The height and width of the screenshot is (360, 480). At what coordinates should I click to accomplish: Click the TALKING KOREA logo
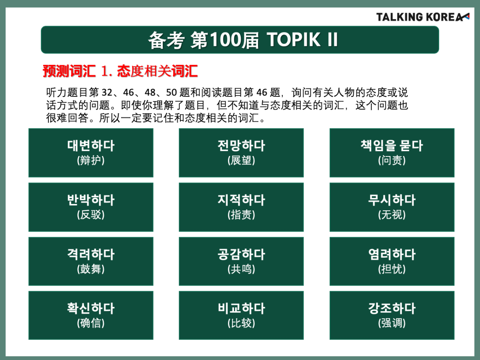click(423, 17)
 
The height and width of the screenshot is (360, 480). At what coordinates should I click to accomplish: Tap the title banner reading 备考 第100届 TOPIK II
click(240, 40)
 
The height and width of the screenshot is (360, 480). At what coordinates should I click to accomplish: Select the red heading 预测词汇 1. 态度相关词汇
click(120, 71)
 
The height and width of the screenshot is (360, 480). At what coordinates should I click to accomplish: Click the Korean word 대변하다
click(91, 146)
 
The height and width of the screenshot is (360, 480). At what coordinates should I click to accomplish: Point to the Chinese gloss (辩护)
click(91, 160)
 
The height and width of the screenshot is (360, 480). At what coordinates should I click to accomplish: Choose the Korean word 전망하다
click(241, 146)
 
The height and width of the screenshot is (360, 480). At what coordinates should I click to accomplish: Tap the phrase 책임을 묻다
click(392, 146)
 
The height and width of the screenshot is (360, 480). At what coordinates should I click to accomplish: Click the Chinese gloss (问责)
click(392, 160)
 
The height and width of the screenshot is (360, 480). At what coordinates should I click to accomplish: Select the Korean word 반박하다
click(91, 200)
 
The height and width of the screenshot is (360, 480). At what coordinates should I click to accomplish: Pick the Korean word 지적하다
click(241, 200)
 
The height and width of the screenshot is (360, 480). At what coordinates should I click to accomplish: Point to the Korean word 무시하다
click(392, 200)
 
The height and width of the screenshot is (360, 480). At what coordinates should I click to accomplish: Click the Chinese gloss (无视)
click(392, 215)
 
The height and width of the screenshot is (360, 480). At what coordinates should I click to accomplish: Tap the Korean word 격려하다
click(91, 254)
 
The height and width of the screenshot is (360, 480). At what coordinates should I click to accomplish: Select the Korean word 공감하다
click(241, 254)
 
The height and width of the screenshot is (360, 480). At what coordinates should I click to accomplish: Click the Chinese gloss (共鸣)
click(241, 269)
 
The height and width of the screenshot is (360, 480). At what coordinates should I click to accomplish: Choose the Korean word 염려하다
click(392, 254)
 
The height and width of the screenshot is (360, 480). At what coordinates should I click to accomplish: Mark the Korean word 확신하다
click(91, 308)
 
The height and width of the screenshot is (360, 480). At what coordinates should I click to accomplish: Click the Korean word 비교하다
click(241, 308)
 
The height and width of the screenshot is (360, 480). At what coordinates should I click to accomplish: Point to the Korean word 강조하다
click(392, 308)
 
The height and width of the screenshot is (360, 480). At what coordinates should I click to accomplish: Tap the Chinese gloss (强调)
click(392, 323)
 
